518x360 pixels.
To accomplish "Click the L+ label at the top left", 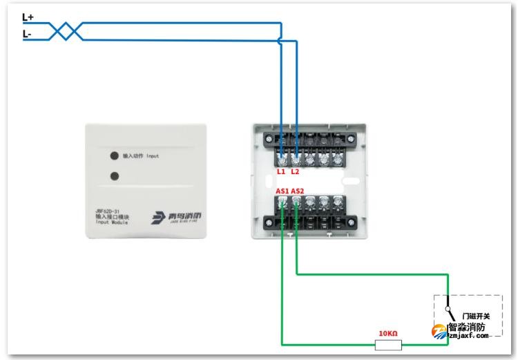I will coord(28,16).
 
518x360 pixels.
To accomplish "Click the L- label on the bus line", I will coord(27,33).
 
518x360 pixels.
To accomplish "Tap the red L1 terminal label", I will coord(281,171).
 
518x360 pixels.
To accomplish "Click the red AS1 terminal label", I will coord(282,190).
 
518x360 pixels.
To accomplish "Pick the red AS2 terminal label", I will coord(298,190).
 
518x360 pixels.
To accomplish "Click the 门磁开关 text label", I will coord(476,316).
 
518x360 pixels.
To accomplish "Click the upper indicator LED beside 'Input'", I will coord(113,156).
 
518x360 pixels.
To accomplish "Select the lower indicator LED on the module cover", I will coord(113,176).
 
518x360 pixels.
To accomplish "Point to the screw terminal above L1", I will coord(282,158).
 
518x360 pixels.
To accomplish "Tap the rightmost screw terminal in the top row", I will coord(338,158).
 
